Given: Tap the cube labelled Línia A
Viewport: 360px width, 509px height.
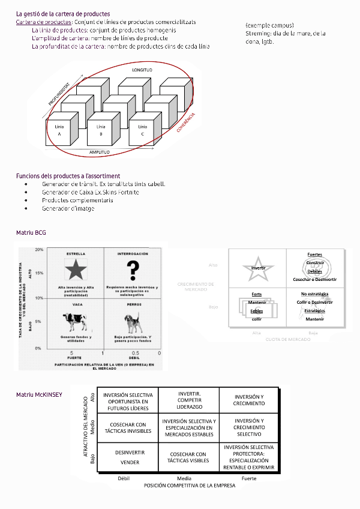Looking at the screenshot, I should [59, 131].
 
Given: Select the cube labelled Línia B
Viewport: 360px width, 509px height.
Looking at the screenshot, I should [101, 131].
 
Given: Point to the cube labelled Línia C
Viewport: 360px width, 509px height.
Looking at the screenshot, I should [143, 131].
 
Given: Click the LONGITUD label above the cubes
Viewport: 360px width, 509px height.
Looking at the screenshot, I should [142, 70].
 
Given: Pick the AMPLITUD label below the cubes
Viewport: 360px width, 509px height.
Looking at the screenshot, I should [100, 152].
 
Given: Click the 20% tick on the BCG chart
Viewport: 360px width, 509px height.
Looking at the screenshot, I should [39, 249].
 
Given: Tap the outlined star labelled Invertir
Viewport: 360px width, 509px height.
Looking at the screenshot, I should [258, 268].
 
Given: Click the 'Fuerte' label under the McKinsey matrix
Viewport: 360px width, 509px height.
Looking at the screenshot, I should [248, 478].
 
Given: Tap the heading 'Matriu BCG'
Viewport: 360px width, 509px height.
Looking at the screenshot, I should [31, 232].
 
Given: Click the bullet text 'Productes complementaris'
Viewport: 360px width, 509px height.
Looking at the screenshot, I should [77, 200].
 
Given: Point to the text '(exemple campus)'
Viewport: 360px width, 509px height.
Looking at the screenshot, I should [269, 25].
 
